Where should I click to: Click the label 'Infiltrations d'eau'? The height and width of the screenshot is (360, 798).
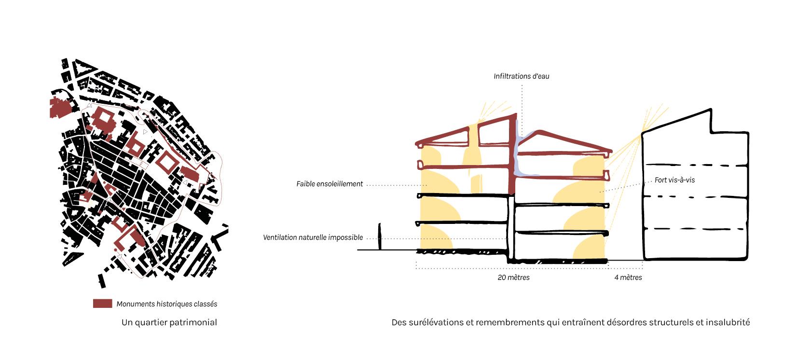click(521, 76)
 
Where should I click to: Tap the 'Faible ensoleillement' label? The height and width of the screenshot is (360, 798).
click(330, 184)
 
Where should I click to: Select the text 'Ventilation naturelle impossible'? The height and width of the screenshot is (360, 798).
click(313, 237)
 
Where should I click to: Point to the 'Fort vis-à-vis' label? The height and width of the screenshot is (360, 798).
click(674, 180)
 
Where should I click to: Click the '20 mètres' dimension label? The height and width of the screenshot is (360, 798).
click(513, 277)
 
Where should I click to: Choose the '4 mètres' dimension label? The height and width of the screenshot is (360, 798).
click(628, 277)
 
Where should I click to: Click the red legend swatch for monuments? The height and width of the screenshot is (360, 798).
click(102, 304)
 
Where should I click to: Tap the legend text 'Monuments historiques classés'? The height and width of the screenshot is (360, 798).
click(166, 304)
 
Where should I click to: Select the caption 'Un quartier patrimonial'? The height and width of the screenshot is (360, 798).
click(169, 322)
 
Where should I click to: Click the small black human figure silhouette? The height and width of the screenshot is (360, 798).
click(380, 236)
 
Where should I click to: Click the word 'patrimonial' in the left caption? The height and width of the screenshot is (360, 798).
click(195, 322)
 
